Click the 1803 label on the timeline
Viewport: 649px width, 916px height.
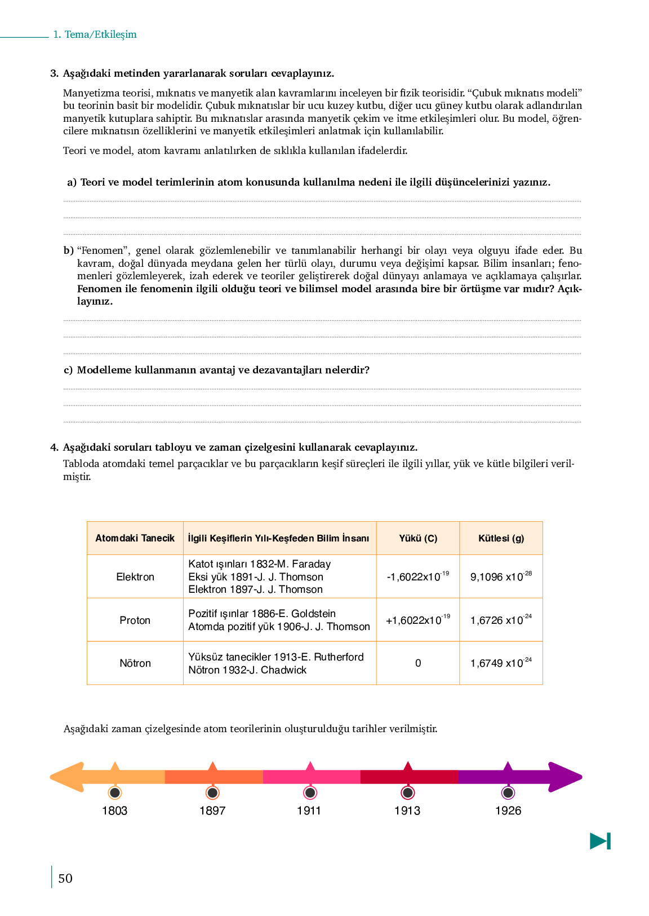[114, 811]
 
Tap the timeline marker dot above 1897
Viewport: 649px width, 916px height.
[212, 792]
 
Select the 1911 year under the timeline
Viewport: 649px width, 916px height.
[309, 811]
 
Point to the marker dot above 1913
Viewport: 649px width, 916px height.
[407, 792]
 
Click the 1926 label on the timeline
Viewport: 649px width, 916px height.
[508, 811]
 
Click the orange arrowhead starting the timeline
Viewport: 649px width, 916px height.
[67, 777]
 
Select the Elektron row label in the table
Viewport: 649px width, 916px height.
[135, 576]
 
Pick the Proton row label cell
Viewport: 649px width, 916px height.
[135, 620]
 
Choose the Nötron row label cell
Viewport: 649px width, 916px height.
[135, 663]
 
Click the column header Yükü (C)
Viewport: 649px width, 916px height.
[418, 538]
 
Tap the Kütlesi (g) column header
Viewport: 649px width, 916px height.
[501, 538]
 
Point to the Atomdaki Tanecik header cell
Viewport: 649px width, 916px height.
[135, 538]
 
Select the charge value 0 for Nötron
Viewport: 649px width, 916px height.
[418, 663]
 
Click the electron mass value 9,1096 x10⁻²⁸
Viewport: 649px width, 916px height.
[501, 576]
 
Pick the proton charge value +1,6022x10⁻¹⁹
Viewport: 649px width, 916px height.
[418, 620]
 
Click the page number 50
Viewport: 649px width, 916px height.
[65, 878]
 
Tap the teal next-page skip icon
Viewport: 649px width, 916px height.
[600, 841]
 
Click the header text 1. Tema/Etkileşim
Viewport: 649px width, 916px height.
[95, 34]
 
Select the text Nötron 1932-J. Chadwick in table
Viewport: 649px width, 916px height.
[247, 670]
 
